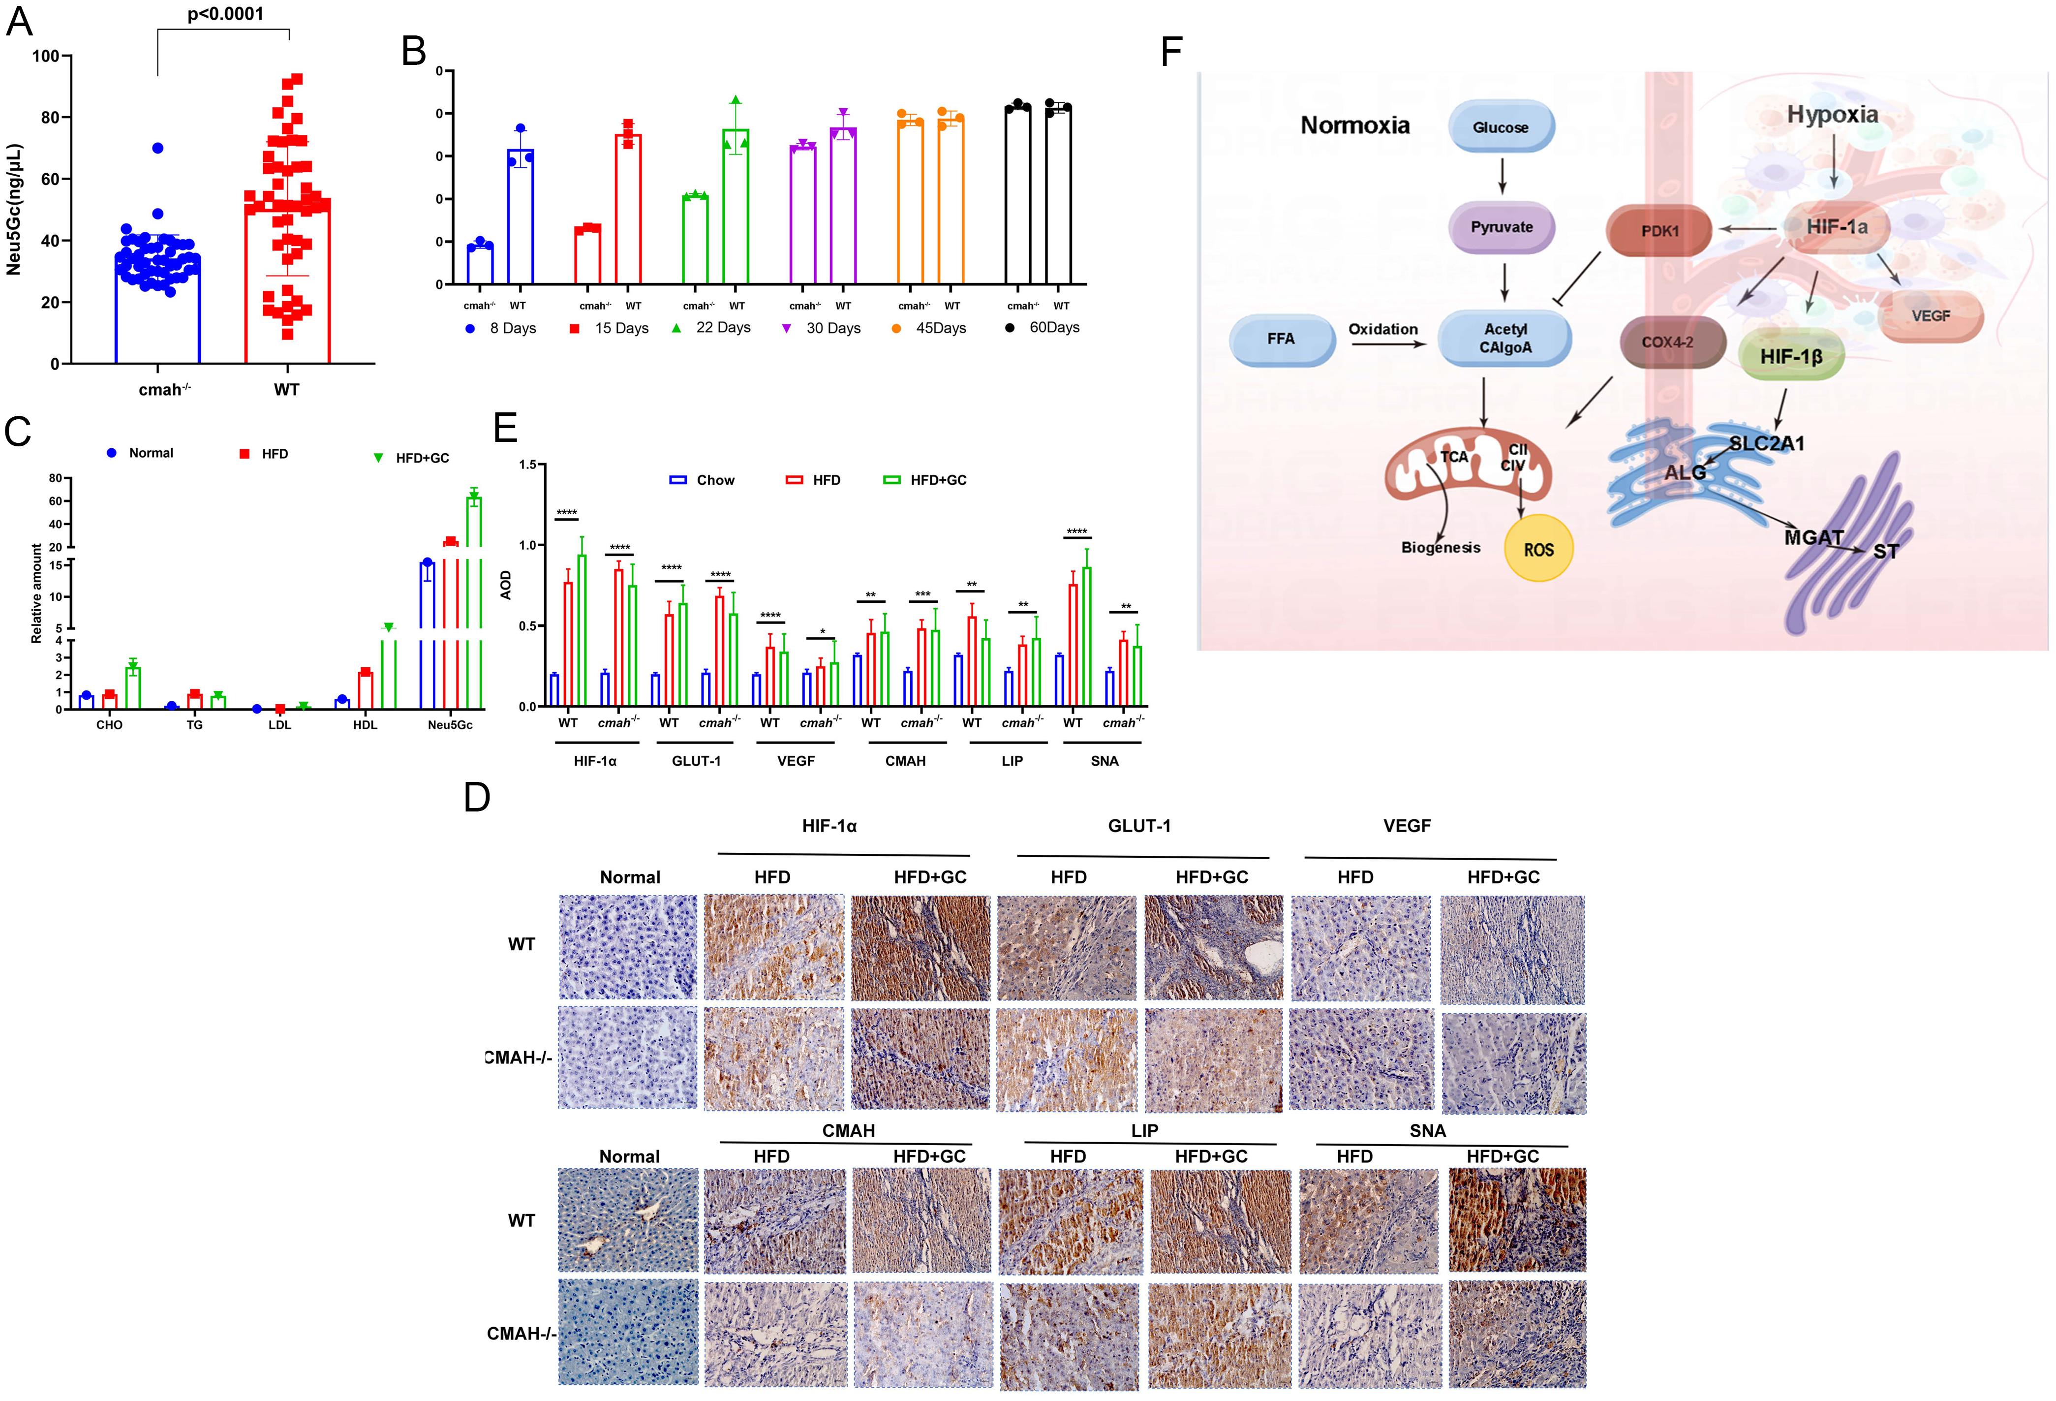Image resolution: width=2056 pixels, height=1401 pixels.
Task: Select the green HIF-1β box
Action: pyautogui.click(x=1791, y=357)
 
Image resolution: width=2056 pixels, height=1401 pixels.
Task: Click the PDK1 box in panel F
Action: pyautogui.click(x=1659, y=231)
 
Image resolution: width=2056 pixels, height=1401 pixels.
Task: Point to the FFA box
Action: pyautogui.click(x=1281, y=339)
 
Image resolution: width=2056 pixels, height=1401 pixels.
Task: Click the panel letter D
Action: pyautogui.click(x=477, y=797)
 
